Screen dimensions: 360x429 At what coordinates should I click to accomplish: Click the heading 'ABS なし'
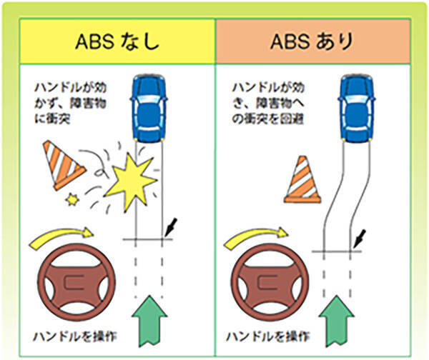[x=117, y=41]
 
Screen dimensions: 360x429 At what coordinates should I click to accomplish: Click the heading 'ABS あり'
[x=312, y=41]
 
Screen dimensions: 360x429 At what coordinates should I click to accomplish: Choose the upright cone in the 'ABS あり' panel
[x=302, y=179]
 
